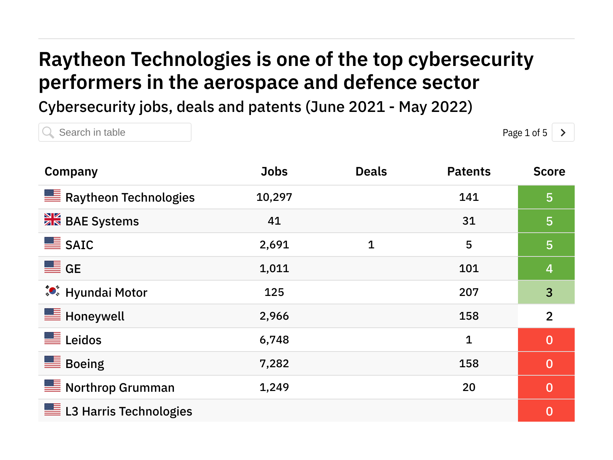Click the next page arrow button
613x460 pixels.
coord(563,133)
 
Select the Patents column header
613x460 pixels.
coord(469,171)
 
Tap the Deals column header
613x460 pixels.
coord(371,171)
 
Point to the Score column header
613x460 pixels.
coord(549,171)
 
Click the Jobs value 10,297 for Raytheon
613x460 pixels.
coord(274,197)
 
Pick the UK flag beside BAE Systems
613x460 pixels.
coord(52,219)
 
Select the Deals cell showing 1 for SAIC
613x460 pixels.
coord(371,245)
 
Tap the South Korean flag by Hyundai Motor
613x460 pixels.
coord(52,291)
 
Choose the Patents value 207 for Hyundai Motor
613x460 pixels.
coord(469,292)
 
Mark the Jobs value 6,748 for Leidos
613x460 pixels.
coord(274,340)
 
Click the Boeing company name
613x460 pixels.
coord(85,364)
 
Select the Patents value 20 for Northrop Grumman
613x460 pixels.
coord(469,387)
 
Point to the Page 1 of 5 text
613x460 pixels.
coord(524,133)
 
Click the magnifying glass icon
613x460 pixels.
coord(48,133)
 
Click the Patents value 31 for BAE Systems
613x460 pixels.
coord(469,221)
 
